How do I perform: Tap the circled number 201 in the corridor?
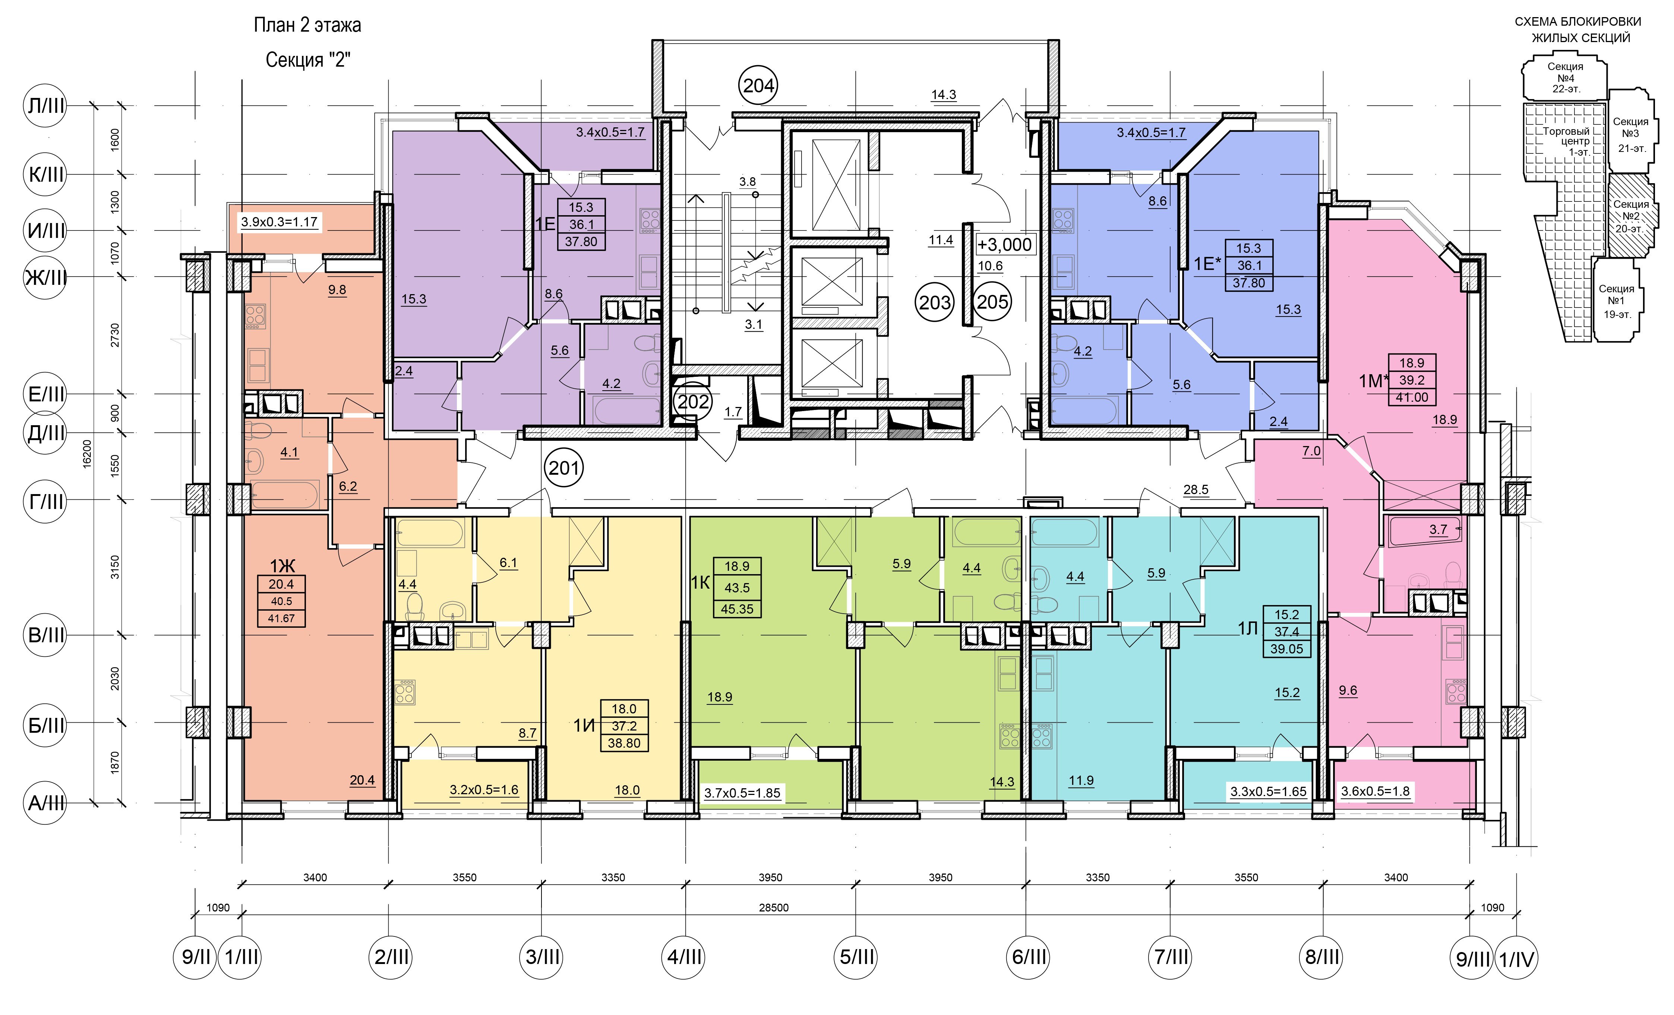564,468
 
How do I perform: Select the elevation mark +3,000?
1005,244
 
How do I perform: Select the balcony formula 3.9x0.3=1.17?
279,222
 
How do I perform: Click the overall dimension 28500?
773,908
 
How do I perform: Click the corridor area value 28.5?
1196,490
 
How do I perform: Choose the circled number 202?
693,402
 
